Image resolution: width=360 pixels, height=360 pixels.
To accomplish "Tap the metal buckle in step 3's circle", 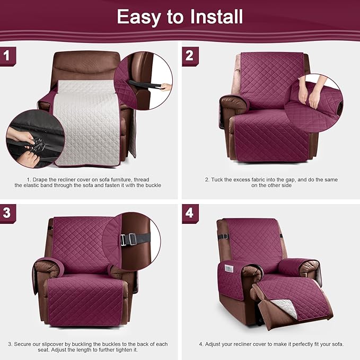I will [128, 240].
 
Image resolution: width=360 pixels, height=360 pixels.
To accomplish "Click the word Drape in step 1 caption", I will [43, 180].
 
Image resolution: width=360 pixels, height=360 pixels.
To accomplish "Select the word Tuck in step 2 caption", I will [217, 180].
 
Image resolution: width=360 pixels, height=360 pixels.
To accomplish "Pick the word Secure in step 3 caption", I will [24, 344].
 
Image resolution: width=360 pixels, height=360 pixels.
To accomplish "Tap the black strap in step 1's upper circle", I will [146, 84].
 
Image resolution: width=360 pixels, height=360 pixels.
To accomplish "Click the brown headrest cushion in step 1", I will [85, 67].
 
